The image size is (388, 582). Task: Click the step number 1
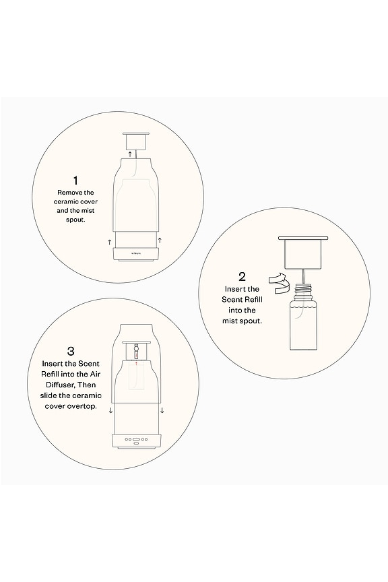[x=75, y=181]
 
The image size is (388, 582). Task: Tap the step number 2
[x=242, y=276]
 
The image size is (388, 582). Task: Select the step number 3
[x=71, y=351]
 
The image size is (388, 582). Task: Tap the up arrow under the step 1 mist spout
[x=130, y=154]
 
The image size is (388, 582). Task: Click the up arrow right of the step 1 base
[x=160, y=240]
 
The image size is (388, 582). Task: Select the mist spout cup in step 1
[x=135, y=141]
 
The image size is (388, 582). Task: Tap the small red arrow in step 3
[x=136, y=362]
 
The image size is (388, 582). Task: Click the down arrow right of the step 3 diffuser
[x=162, y=409]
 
